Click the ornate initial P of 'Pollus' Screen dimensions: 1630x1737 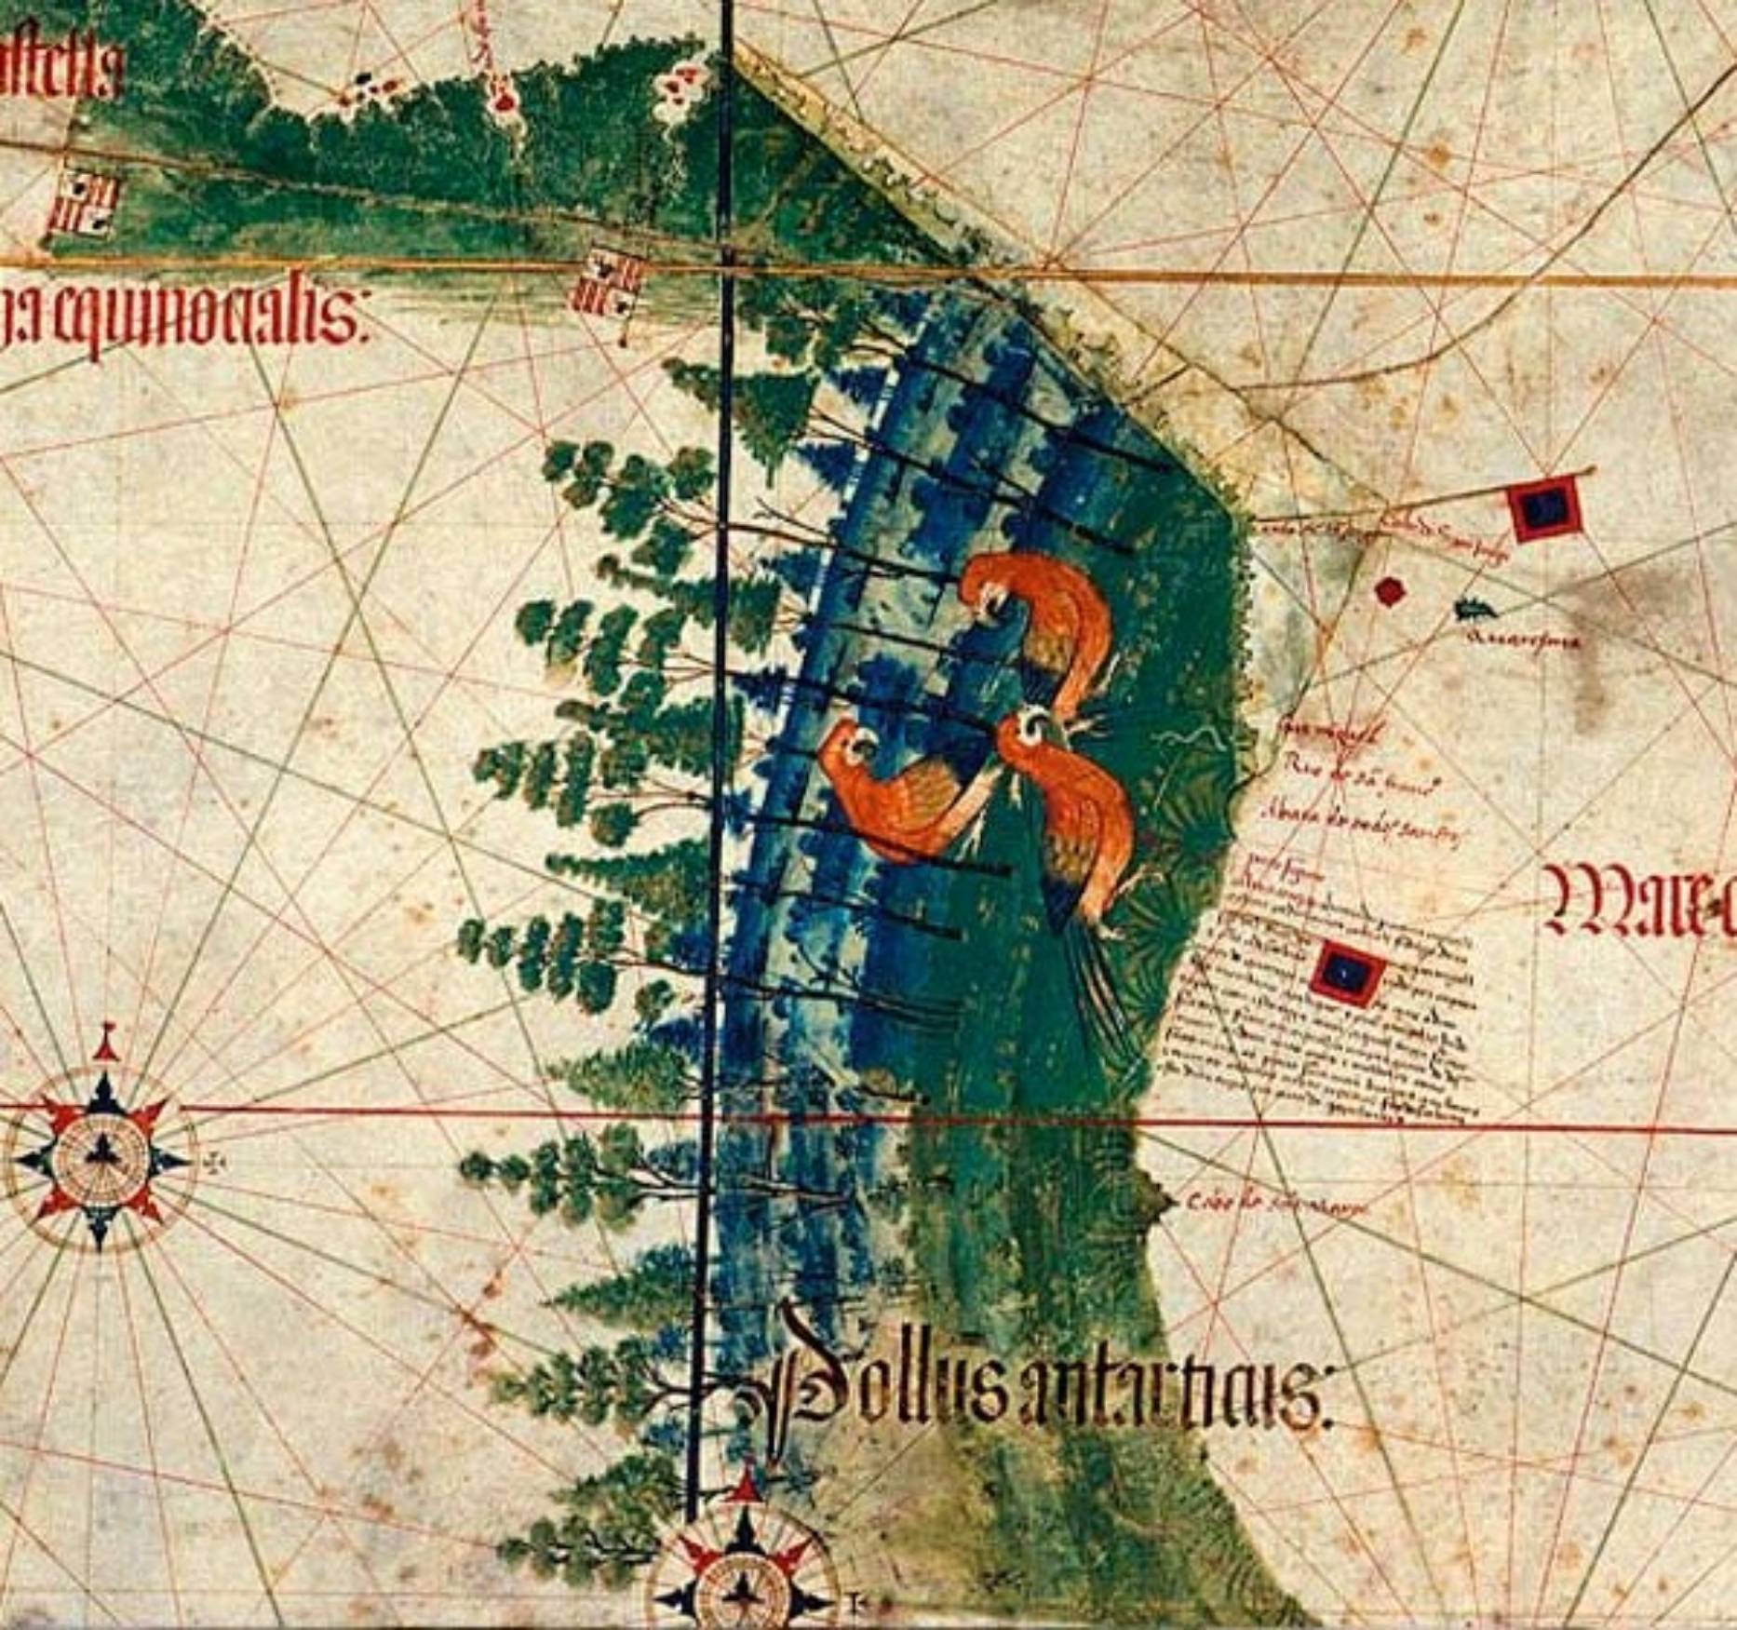click(x=801, y=1396)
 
